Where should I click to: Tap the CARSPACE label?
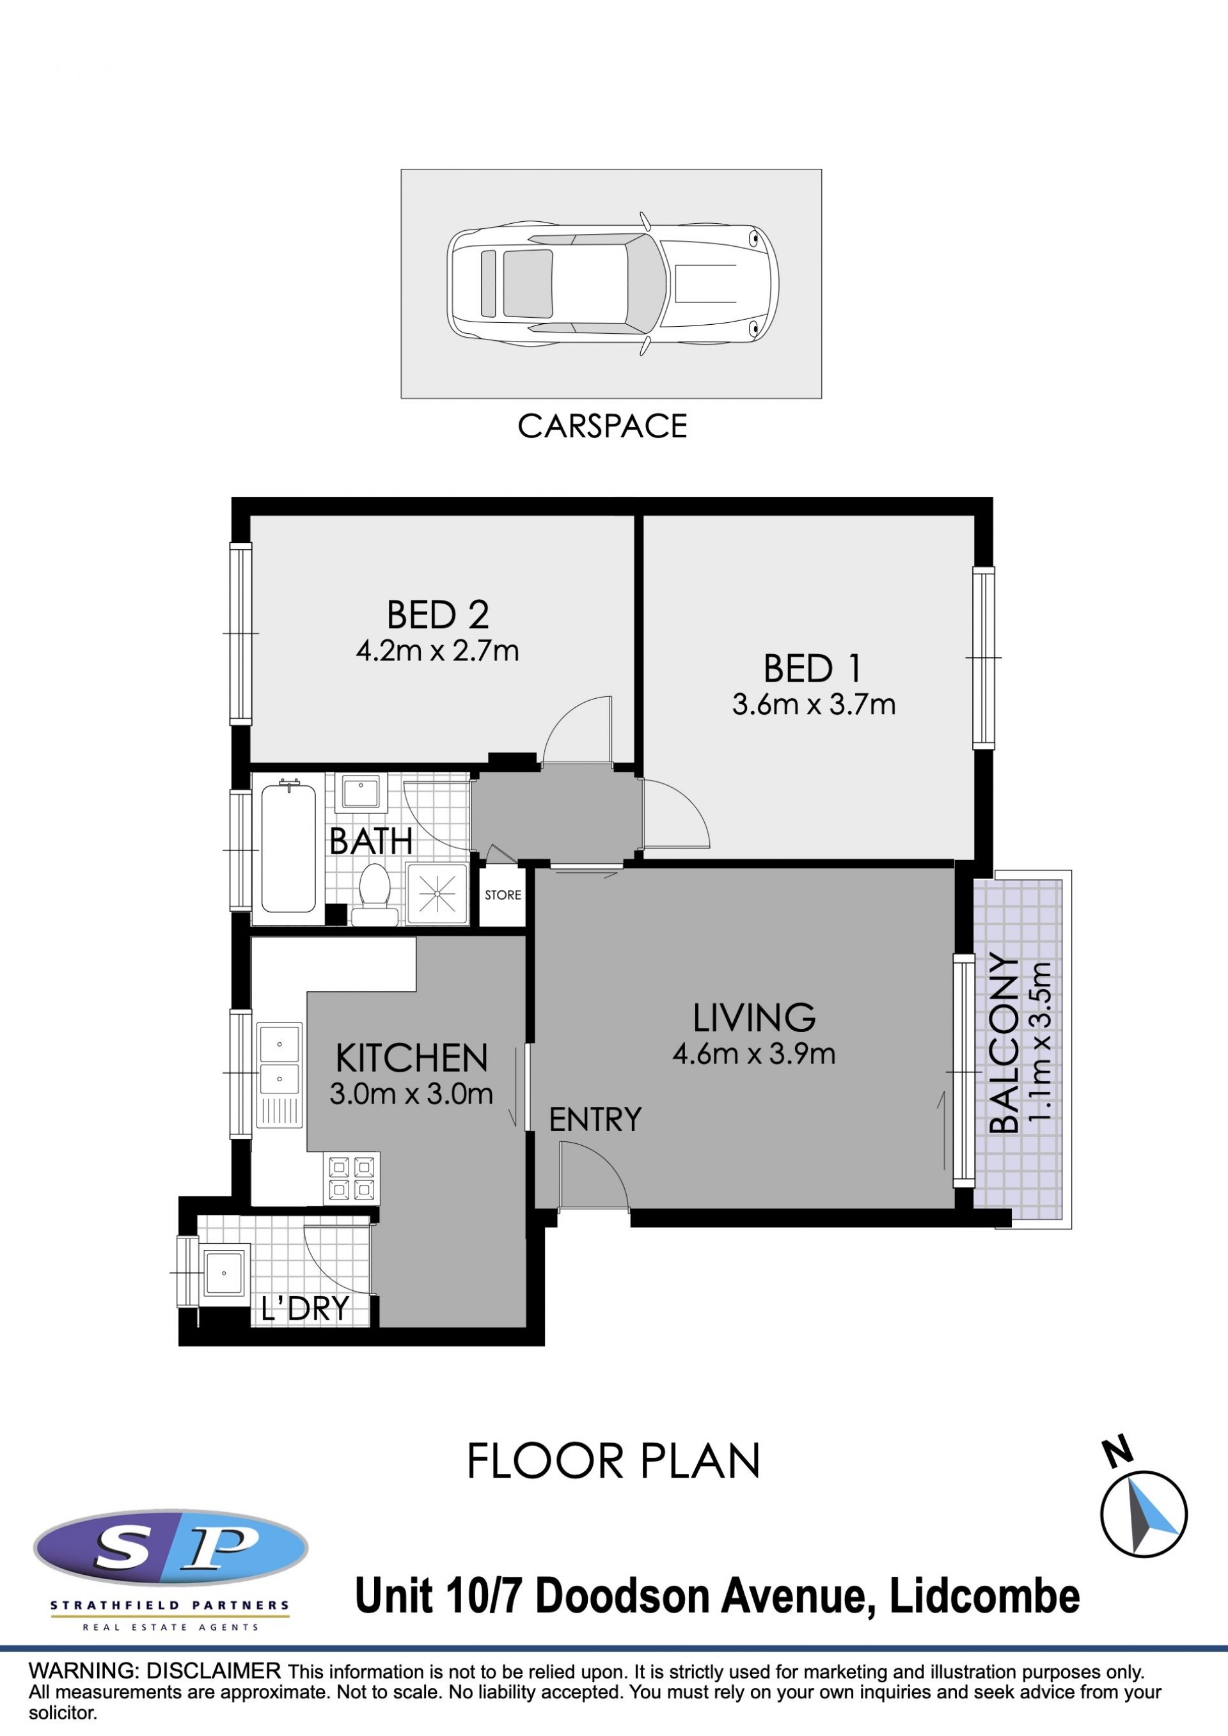coord(602,426)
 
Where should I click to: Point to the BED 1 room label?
coord(812,668)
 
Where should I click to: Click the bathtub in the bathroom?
coord(289,848)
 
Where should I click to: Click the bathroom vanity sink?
coord(361,792)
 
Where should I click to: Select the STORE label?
coord(503,895)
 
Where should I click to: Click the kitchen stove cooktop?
coord(352,1178)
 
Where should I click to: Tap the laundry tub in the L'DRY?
coord(224,1273)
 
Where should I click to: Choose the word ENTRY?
coord(595,1120)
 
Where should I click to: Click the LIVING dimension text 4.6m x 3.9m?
coord(754,1054)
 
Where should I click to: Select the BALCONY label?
coord(1004,1044)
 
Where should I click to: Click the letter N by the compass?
coord(1117,1451)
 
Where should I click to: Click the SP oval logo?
coord(171,1549)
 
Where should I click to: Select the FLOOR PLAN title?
coord(613,1461)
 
